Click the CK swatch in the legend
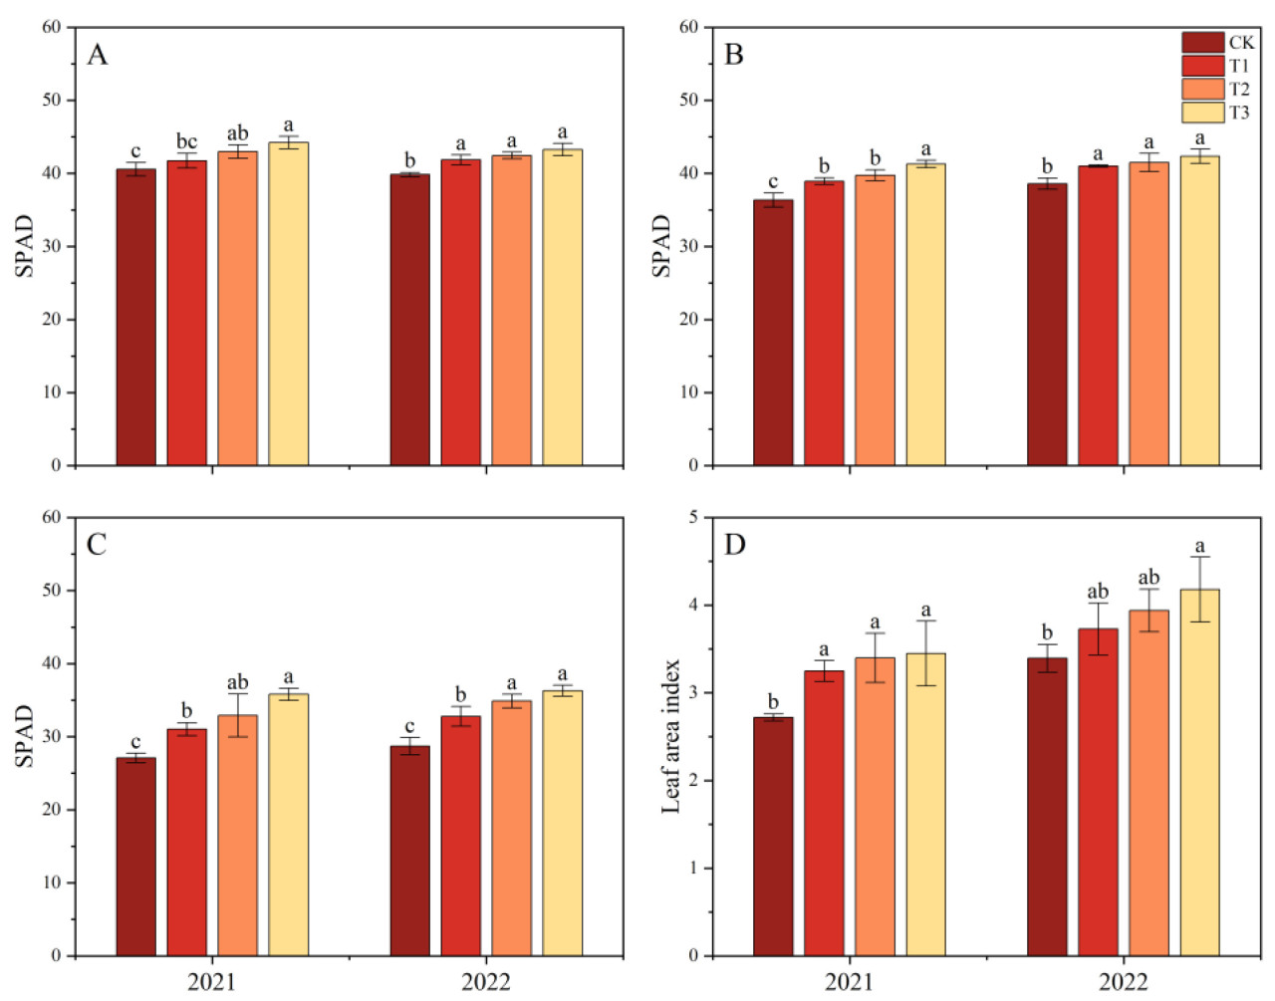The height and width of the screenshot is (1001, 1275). [1202, 42]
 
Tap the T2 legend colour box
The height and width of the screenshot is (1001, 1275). [1202, 89]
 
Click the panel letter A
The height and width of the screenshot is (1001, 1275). [97, 55]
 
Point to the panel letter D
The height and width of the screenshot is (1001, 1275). [734, 545]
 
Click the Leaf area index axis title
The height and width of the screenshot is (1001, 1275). [671, 736]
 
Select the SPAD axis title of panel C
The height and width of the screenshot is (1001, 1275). [24, 736]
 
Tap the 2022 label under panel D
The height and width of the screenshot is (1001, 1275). [1123, 982]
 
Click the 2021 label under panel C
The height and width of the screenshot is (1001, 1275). [211, 982]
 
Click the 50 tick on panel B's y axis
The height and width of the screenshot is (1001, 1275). [689, 101]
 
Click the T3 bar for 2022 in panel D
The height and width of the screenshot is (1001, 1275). [1199, 772]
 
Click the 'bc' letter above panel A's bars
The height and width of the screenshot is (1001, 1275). [186, 141]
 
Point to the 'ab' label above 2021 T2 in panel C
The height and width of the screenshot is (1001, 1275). [237, 682]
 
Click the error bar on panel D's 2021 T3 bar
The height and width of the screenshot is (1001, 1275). [925, 652]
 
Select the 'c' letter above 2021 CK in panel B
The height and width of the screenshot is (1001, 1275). [773, 181]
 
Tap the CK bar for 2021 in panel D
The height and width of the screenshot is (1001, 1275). [773, 836]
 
